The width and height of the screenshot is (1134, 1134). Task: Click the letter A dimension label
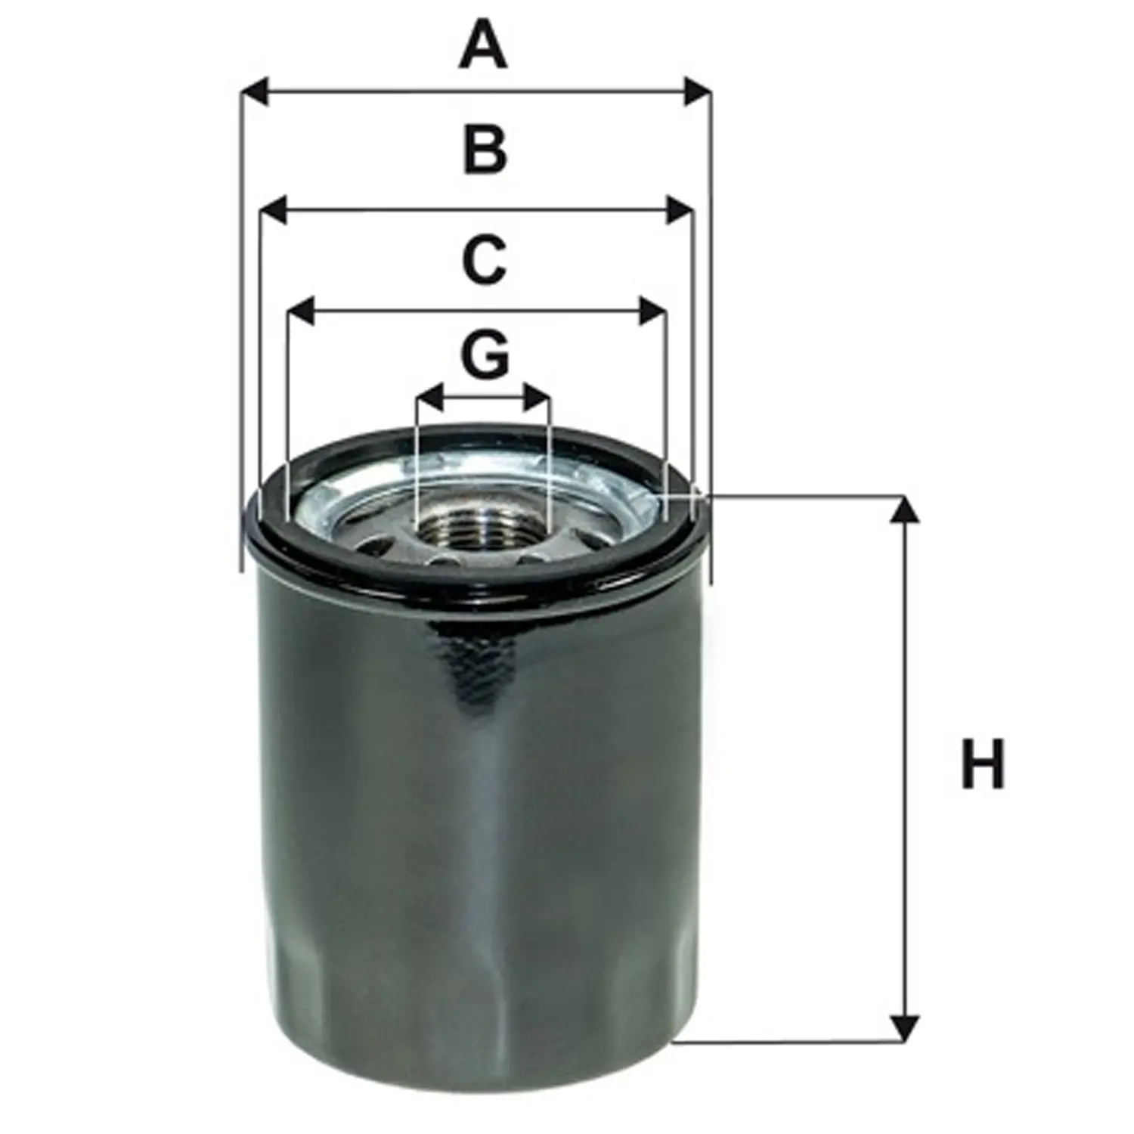tap(483, 45)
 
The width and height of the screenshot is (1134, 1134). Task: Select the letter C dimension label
tap(484, 259)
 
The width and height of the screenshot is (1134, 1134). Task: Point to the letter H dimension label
tap(982, 764)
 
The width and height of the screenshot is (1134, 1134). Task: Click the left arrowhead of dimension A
tap(256, 91)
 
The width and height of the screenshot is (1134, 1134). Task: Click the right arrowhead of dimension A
tap(697, 91)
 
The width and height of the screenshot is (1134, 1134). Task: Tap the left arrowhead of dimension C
tap(302, 311)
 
